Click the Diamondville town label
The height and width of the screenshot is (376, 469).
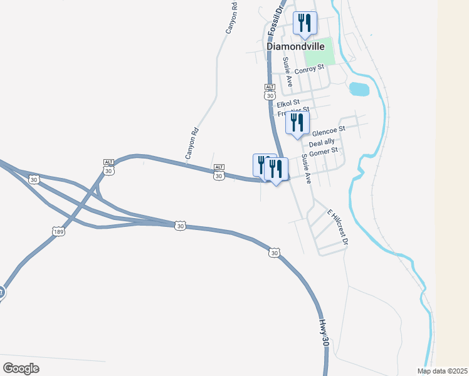295,46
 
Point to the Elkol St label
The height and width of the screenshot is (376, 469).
288,102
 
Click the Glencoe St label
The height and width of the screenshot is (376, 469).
329,130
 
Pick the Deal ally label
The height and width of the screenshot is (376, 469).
322,143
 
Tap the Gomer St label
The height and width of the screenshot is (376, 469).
324,151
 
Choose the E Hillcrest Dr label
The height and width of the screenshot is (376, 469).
337,226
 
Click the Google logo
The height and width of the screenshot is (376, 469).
21,368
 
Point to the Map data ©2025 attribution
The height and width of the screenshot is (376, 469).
442,371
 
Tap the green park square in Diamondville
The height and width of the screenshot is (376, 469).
319,55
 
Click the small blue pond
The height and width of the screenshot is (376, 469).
359,89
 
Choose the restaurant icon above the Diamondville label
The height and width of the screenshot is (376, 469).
305,23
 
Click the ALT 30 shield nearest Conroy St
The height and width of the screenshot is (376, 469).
270,92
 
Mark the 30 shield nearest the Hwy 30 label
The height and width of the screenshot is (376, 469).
274,253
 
